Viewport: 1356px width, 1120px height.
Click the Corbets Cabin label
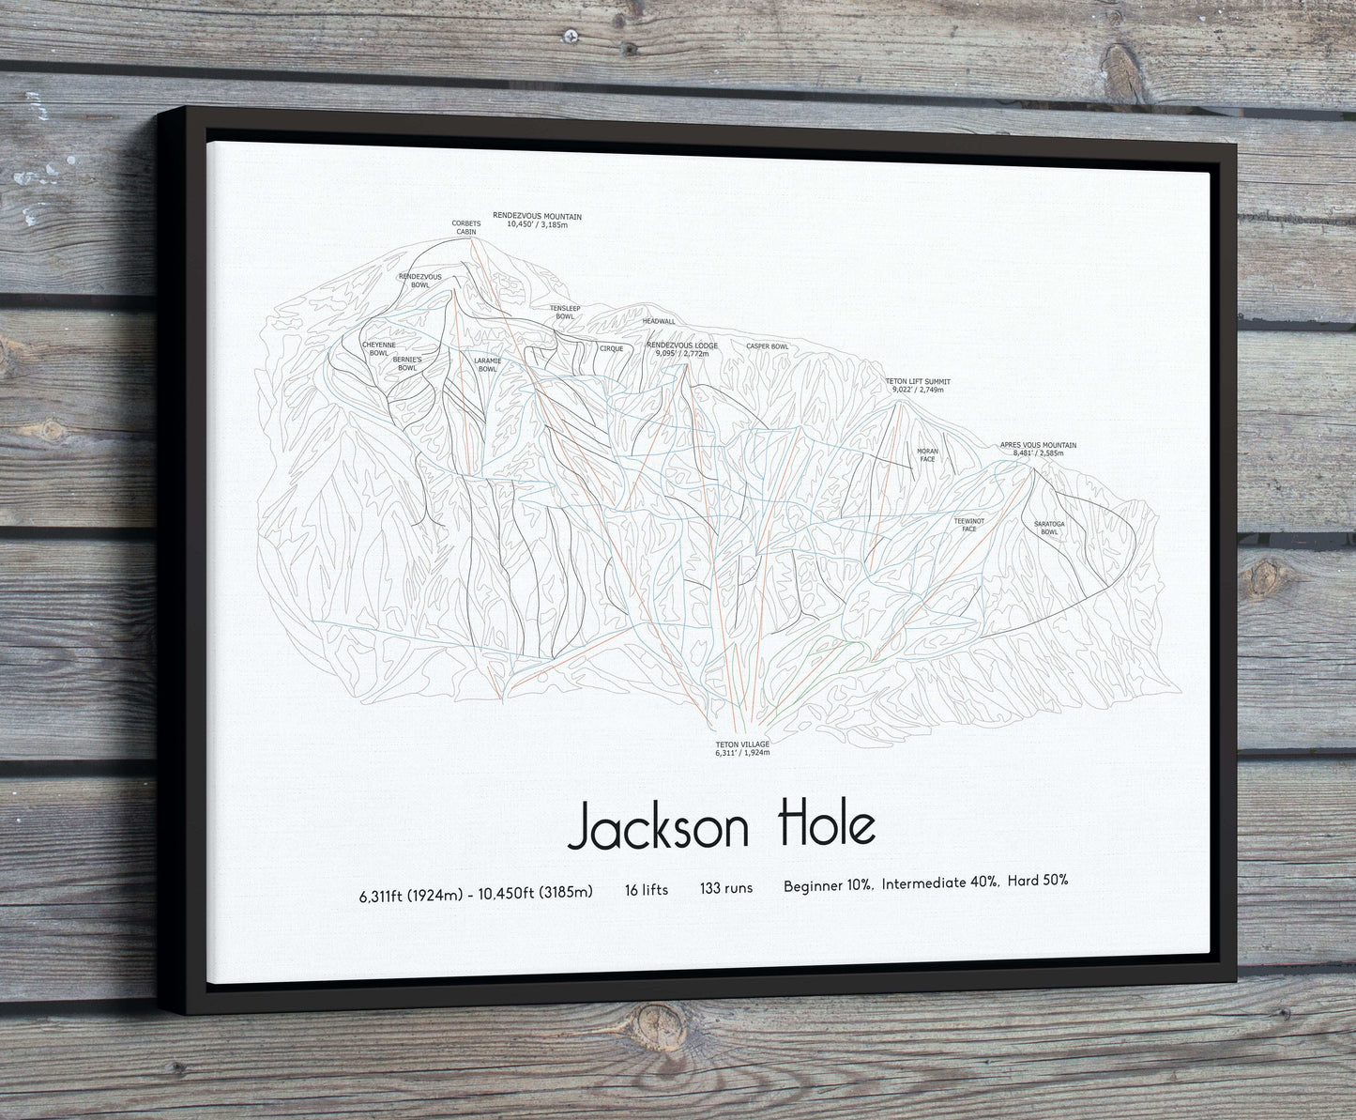(466, 227)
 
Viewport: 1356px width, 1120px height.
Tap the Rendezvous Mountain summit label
(537, 221)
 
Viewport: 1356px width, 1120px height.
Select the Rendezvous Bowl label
(419, 280)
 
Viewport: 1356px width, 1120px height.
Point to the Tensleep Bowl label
(565, 312)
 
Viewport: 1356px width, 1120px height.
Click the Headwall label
(659, 321)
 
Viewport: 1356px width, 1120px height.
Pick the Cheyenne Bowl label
(379, 348)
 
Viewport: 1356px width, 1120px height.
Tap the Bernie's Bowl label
(407, 363)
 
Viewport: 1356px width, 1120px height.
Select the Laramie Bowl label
(487, 364)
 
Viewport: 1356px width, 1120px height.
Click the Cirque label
(611, 348)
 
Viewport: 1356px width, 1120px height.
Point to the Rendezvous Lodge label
(682, 349)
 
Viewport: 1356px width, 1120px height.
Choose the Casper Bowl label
(767, 346)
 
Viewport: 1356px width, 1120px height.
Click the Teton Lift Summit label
(919, 385)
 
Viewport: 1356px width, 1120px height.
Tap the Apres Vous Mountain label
(1038, 449)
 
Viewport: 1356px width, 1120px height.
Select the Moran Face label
(927, 455)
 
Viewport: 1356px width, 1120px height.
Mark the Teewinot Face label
(969, 524)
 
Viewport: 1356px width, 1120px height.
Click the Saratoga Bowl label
(1049, 528)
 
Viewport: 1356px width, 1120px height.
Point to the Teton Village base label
(742, 748)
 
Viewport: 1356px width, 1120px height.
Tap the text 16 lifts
(647, 889)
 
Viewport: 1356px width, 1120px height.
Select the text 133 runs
(725, 889)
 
